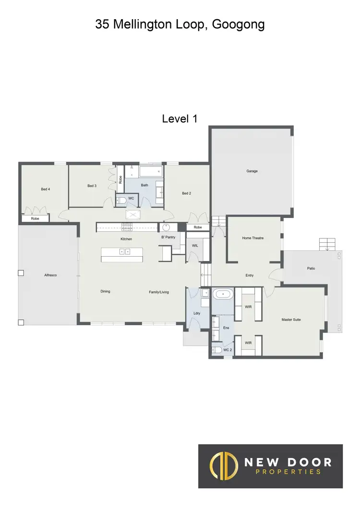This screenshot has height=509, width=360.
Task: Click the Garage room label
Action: click(x=252, y=171)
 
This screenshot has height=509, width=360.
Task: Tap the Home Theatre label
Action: click(x=253, y=238)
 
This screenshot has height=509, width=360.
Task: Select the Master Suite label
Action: click(x=291, y=320)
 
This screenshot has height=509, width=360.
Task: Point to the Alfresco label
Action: click(x=50, y=275)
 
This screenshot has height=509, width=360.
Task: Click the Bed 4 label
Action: click(x=46, y=189)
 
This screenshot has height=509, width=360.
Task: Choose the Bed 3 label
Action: click(x=92, y=186)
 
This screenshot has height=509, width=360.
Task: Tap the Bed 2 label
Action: click(x=187, y=193)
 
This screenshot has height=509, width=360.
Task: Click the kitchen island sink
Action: click(x=124, y=251)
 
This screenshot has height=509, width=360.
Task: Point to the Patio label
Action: click(x=311, y=268)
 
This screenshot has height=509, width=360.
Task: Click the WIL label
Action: click(x=195, y=245)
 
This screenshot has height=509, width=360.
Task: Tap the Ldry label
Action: click(x=196, y=313)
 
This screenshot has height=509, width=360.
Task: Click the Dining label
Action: click(x=106, y=291)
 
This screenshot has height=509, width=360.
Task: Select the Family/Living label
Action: click(x=159, y=292)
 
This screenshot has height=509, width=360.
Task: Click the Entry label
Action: click(x=250, y=275)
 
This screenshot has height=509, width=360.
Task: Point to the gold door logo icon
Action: click(x=225, y=466)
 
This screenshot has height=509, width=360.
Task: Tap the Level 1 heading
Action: click(x=180, y=118)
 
